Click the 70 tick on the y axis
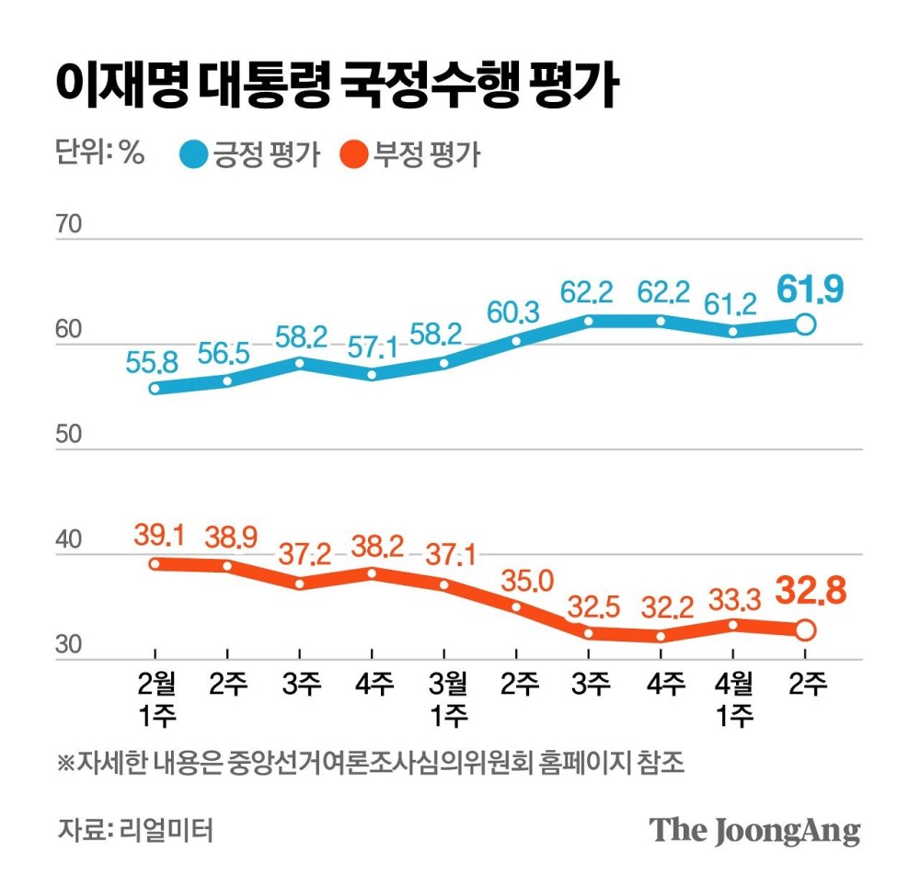(70, 225)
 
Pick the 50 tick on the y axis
(70, 435)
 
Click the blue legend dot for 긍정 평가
(195, 154)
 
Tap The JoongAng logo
(755, 830)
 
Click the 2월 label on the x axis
(154, 685)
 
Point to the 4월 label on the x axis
(733, 685)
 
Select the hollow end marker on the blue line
(805, 324)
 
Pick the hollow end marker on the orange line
(805, 630)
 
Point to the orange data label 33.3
(733, 600)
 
